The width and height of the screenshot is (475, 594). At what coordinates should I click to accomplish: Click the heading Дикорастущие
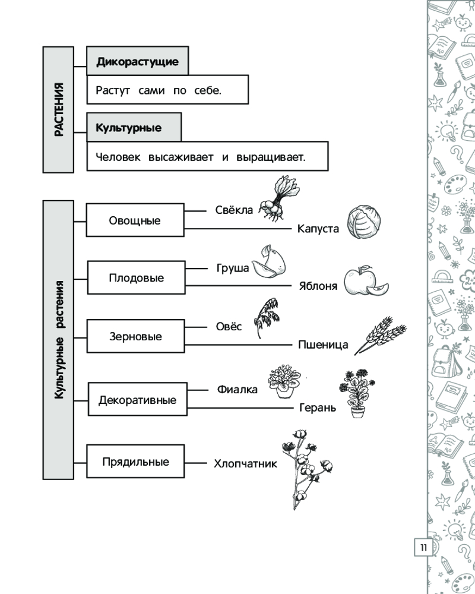click(137, 62)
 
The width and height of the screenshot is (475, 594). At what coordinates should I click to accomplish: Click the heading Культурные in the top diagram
click(129, 128)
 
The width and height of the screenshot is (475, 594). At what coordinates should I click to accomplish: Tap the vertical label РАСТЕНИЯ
click(58, 110)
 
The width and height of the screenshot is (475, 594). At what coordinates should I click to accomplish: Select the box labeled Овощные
click(135, 220)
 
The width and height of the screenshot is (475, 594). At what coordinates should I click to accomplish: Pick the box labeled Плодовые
click(136, 278)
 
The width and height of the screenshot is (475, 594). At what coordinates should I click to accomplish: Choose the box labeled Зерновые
click(135, 336)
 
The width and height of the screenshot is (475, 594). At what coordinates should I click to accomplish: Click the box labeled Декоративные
click(137, 400)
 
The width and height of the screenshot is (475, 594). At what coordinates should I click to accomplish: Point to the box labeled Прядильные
click(135, 462)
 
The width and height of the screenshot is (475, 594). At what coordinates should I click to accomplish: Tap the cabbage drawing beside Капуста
click(364, 222)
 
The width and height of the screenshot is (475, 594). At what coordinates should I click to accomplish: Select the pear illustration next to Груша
click(270, 263)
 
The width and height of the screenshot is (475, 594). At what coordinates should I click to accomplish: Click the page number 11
click(422, 547)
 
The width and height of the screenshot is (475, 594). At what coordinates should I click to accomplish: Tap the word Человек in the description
click(118, 157)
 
